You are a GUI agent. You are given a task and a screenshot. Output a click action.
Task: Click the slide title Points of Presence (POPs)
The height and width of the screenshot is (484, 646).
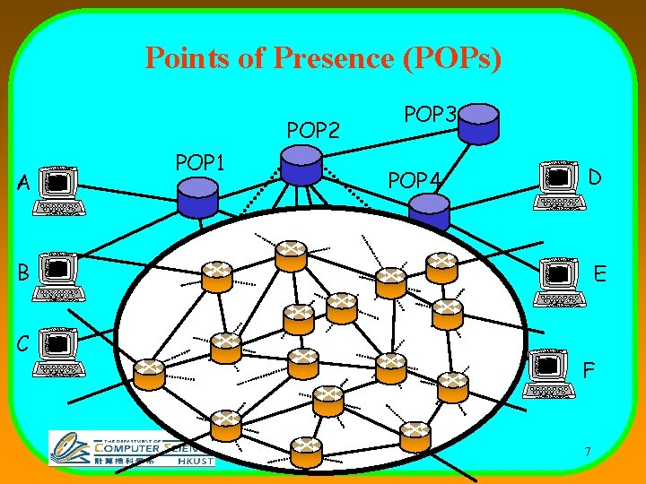pyautogui.click(x=323, y=58)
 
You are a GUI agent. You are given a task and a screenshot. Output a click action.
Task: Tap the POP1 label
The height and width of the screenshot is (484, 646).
pyautogui.click(x=200, y=162)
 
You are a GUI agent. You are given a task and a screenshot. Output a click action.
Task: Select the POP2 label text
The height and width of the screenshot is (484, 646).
pyautogui.click(x=313, y=131)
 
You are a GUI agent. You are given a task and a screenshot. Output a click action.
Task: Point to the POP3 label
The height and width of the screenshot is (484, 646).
pyautogui.click(x=432, y=115)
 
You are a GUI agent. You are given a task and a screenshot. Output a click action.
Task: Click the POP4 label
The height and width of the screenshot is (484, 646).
pyautogui.click(x=415, y=181)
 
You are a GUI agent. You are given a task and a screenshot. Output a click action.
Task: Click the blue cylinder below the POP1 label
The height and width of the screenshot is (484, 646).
pyautogui.click(x=197, y=197)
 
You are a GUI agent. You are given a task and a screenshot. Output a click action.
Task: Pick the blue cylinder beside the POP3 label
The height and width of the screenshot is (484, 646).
pyautogui.click(x=478, y=123)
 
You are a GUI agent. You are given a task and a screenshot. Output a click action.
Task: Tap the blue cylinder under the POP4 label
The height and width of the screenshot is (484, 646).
pyautogui.click(x=429, y=212)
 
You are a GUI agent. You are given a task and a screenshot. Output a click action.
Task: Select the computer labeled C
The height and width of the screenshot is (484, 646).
pyautogui.click(x=60, y=351)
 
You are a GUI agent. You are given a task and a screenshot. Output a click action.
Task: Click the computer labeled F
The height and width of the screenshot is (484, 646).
pyautogui.click(x=549, y=373)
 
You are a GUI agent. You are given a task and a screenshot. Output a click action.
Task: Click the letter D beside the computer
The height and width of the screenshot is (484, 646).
pyautogui.click(x=595, y=178)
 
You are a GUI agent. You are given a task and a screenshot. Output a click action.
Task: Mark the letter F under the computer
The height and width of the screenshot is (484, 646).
pyautogui.click(x=589, y=368)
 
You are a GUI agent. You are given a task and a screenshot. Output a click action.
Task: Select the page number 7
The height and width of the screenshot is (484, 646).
pyautogui.click(x=586, y=452)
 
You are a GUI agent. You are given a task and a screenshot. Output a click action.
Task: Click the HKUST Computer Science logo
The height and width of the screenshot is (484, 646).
pyautogui.click(x=131, y=448)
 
